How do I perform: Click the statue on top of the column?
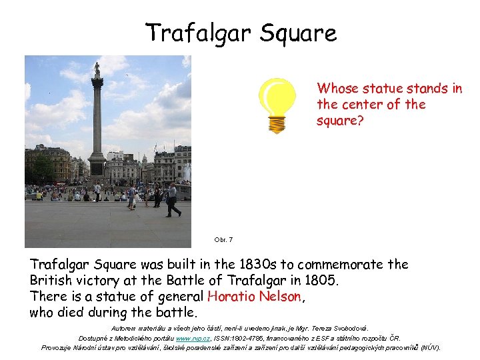(97, 69)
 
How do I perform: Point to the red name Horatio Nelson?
(255, 297)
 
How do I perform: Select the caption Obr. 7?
(223, 239)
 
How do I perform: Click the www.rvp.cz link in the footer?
(188, 338)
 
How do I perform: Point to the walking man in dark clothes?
(173, 200)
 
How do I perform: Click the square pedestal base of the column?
(97, 166)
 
